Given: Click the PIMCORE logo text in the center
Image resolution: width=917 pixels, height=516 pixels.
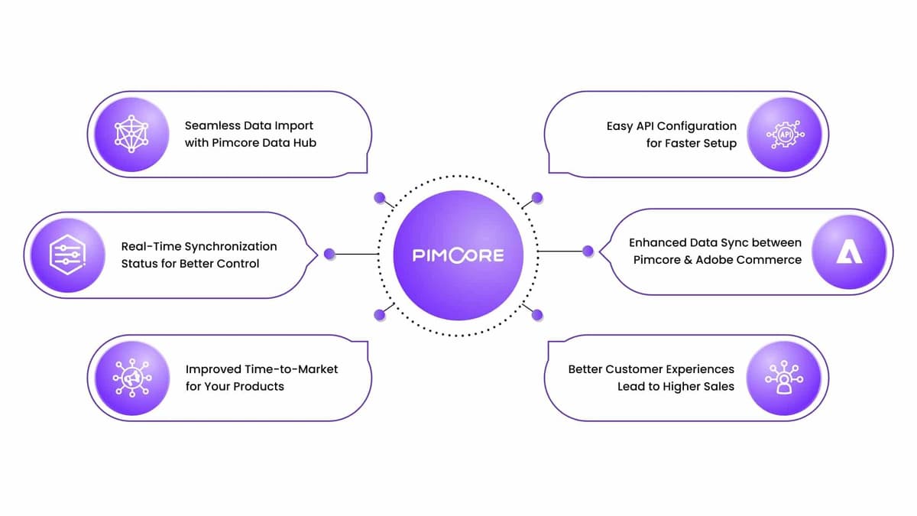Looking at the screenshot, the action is [x=458, y=255].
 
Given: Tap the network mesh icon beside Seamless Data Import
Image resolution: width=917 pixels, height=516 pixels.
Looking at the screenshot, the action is [x=131, y=134].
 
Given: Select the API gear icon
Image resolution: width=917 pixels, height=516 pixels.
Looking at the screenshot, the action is [x=786, y=135].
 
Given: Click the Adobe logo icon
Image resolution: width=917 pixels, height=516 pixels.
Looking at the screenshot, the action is [x=849, y=252].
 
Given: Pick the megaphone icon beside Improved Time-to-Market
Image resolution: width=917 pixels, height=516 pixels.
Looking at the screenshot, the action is [x=132, y=378].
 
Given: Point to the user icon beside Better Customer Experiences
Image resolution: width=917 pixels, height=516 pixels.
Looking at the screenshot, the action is [x=784, y=378].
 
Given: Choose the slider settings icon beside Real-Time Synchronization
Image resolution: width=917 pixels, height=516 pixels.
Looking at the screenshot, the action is [x=67, y=255].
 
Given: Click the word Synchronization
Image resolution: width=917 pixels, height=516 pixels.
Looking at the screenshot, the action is [x=232, y=246].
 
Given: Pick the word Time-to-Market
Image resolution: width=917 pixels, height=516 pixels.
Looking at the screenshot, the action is [x=291, y=369].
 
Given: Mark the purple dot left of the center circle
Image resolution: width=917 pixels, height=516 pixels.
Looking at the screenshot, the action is [x=329, y=254].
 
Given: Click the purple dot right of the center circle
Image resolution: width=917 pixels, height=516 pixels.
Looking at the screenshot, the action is [x=588, y=251].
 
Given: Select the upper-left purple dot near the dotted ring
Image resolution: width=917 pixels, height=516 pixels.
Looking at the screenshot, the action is [x=380, y=198].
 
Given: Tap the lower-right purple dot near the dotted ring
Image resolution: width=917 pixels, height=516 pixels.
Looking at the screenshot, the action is [x=537, y=315].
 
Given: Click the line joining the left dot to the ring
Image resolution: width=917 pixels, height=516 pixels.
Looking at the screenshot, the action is [x=357, y=254].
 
